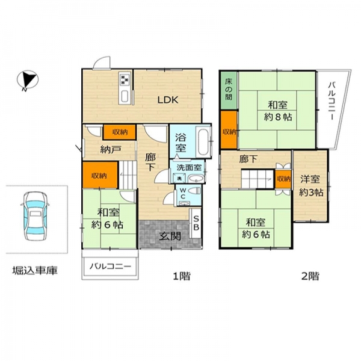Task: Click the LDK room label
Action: pyautogui.click(x=168, y=100)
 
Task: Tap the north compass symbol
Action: pyautogui.click(x=28, y=80)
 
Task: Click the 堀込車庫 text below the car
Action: pyautogui.click(x=35, y=270)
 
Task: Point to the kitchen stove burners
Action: pyautogui.click(x=125, y=79)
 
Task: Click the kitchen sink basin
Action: pyautogui.click(x=125, y=96)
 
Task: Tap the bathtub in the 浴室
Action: pyautogui.click(x=203, y=143)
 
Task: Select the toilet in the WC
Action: pyautogui.click(x=194, y=191)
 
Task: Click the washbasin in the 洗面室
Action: pyautogui.click(x=196, y=179)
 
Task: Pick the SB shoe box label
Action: pyautogui.click(x=196, y=223)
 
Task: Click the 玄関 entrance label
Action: pyautogui.click(x=170, y=236)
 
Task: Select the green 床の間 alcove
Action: pyautogui.click(x=229, y=90)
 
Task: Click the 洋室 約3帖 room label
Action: pyautogui.click(x=311, y=185)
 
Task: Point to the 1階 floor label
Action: pyautogui.click(x=182, y=276)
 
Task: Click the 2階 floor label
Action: pyautogui.click(x=310, y=276)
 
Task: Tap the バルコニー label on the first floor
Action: pyautogui.click(x=110, y=267)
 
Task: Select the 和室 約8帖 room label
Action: pyautogui.click(x=278, y=111)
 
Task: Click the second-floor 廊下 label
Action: pyautogui.click(x=248, y=159)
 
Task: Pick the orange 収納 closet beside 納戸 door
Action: pyautogui.click(x=120, y=132)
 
